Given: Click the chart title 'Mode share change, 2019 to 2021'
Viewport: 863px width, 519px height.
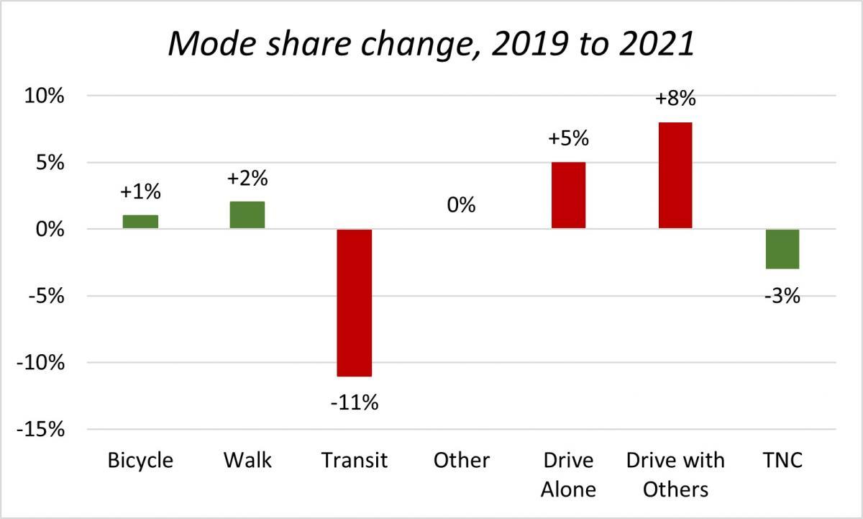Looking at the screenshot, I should (431, 45).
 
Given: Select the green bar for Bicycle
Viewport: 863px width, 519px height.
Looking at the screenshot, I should (140, 222).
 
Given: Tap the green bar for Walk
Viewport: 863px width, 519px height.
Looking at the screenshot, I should (247, 215).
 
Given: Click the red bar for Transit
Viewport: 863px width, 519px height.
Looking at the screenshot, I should (354, 302).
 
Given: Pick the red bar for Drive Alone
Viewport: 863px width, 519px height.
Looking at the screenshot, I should (567, 195).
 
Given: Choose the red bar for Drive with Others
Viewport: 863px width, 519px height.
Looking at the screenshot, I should (675, 175).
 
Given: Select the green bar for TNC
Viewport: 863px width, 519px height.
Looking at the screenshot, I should (782, 249).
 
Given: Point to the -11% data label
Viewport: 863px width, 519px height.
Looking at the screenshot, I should (354, 402).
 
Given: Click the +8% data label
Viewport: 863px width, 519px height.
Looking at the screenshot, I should (675, 98).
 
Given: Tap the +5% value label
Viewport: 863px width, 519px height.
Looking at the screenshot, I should (567, 138).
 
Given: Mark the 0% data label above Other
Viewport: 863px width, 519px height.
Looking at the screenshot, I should (460, 205).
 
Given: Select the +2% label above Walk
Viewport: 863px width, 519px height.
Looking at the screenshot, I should (247, 179).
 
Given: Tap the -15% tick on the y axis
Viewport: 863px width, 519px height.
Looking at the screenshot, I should (41, 430).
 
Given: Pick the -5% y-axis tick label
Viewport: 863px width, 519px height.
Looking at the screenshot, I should (45, 296).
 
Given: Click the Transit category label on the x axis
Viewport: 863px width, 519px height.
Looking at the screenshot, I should (354, 461).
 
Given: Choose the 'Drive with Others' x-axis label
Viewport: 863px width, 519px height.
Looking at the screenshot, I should (675, 474).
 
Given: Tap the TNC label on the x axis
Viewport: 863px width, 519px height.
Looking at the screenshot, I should (782, 461).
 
